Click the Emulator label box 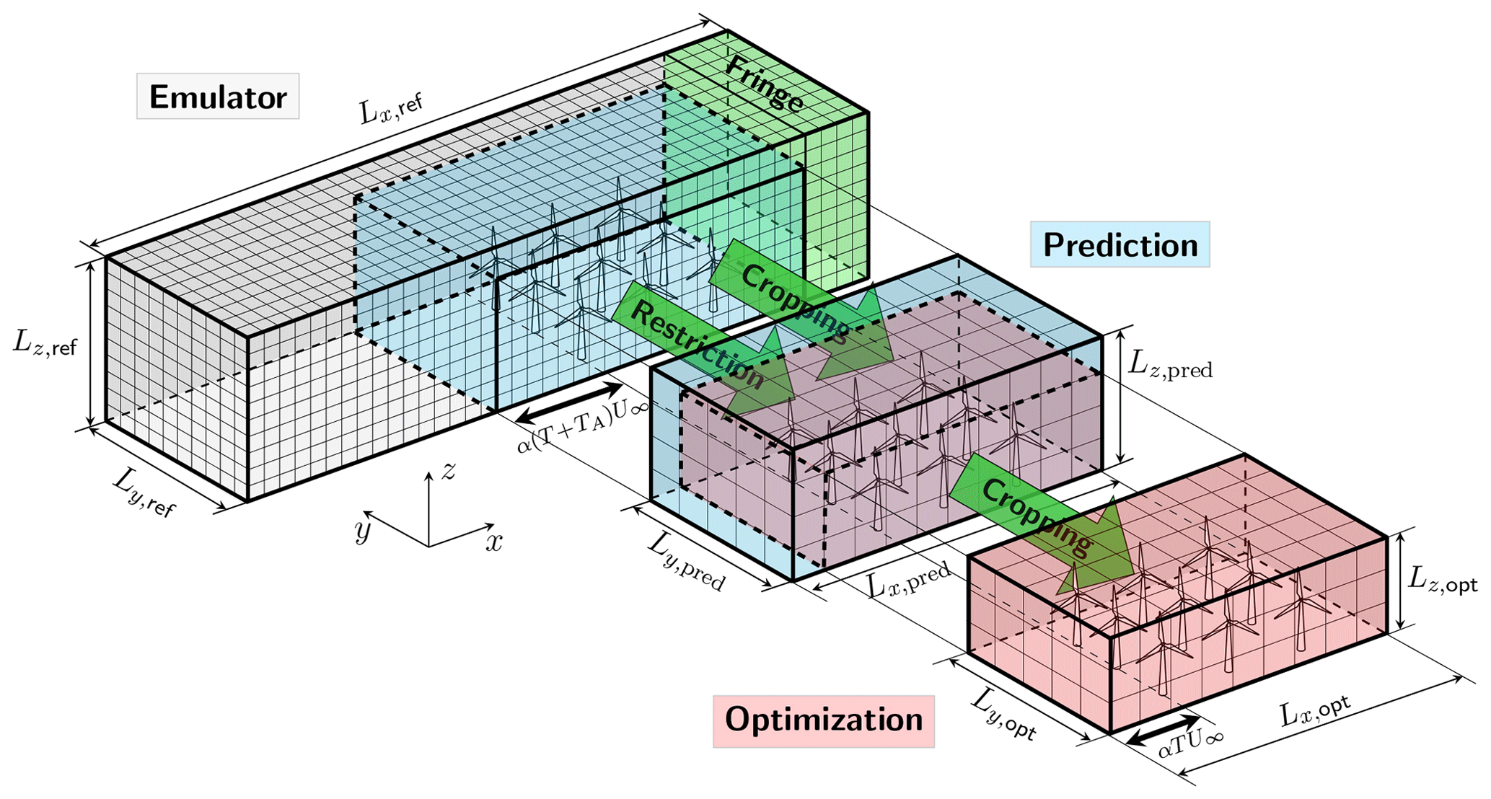coord(218,97)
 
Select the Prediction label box coord(1120,245)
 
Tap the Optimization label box coord(823,720)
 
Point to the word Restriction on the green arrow coord(696,343)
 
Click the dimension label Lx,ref coord(390,109)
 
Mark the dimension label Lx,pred coord(908,581)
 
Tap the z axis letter coord(449,471)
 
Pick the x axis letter coord(493,542)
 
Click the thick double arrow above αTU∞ coord(1164,730)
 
